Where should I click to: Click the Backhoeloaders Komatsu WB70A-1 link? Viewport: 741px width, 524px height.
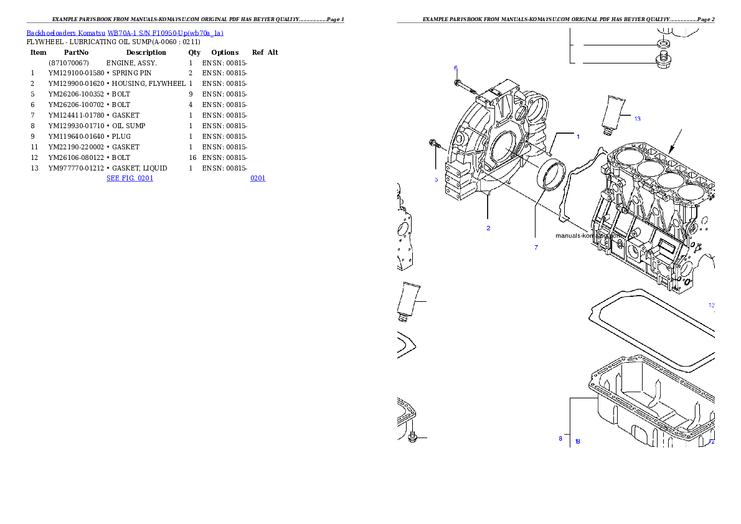[125, 33]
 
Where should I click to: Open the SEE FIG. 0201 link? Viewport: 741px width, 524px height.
[130, 178]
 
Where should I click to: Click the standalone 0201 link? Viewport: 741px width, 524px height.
[258, 178]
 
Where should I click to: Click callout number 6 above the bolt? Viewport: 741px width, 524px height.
[455, 68]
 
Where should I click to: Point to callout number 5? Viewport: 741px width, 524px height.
[436, 179]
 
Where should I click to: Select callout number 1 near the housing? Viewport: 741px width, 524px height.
[577, 136]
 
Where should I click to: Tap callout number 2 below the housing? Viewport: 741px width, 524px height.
[488, 228]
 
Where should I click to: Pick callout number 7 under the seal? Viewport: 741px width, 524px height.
[536, 247]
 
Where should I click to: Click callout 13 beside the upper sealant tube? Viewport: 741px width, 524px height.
[637, 118]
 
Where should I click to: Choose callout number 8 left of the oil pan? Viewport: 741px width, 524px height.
[560, 438]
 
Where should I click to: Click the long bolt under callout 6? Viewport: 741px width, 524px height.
[464, 86]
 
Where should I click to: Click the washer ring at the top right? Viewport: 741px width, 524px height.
[664, 45]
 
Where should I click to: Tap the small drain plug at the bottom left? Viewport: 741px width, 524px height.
[412, 438]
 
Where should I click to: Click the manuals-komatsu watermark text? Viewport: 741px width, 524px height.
[588, 236]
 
